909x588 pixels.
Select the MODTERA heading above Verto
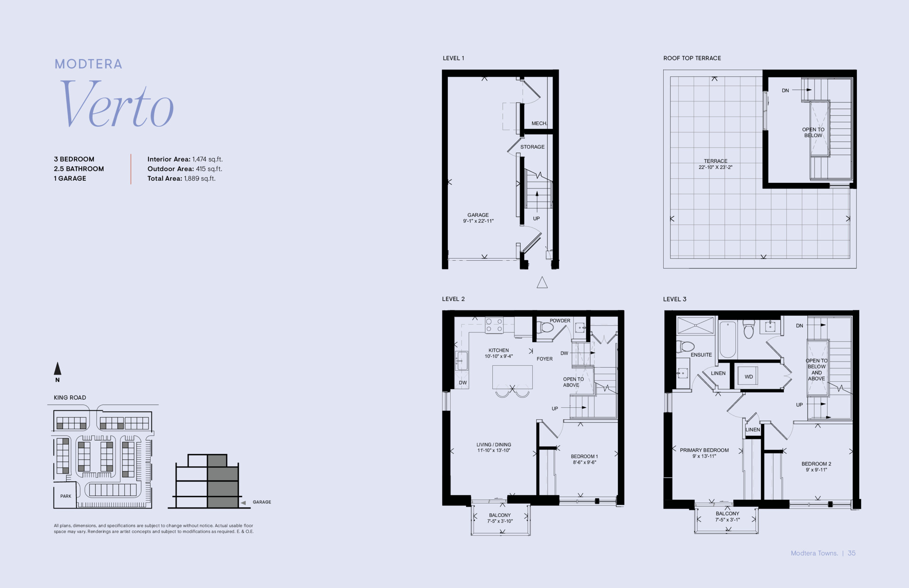click(x=88, y=64)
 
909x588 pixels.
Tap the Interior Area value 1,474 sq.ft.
click(x=207, y=159)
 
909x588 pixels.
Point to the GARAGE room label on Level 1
click(x=478, y=215)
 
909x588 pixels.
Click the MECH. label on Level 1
click(x=539, y=123)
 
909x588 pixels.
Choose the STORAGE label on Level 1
click(x=532, y=147)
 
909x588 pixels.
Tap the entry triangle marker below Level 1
click(x=542, y=282)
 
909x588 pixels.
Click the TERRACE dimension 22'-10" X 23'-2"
click(x=715, y=167)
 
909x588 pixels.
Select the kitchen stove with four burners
click(x=494, y=325)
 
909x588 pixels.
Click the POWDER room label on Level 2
click(x=560, y=321)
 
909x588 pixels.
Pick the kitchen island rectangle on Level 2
click(x=512, y=377)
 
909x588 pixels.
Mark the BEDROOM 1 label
click(x=584, y=456)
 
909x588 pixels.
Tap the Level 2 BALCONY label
click(x=500, y=515)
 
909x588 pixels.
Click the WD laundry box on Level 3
click(x=748, y=377)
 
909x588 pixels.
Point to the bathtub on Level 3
click(x=728, y=339)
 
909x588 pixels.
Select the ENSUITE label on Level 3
click(x=701, y=355)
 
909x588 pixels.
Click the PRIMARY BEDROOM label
click(x=704, y=450)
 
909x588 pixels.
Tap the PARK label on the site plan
click(x=66, y=496)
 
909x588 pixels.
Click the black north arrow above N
click(x=57, y=369)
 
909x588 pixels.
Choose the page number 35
click(x=851, y=553)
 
